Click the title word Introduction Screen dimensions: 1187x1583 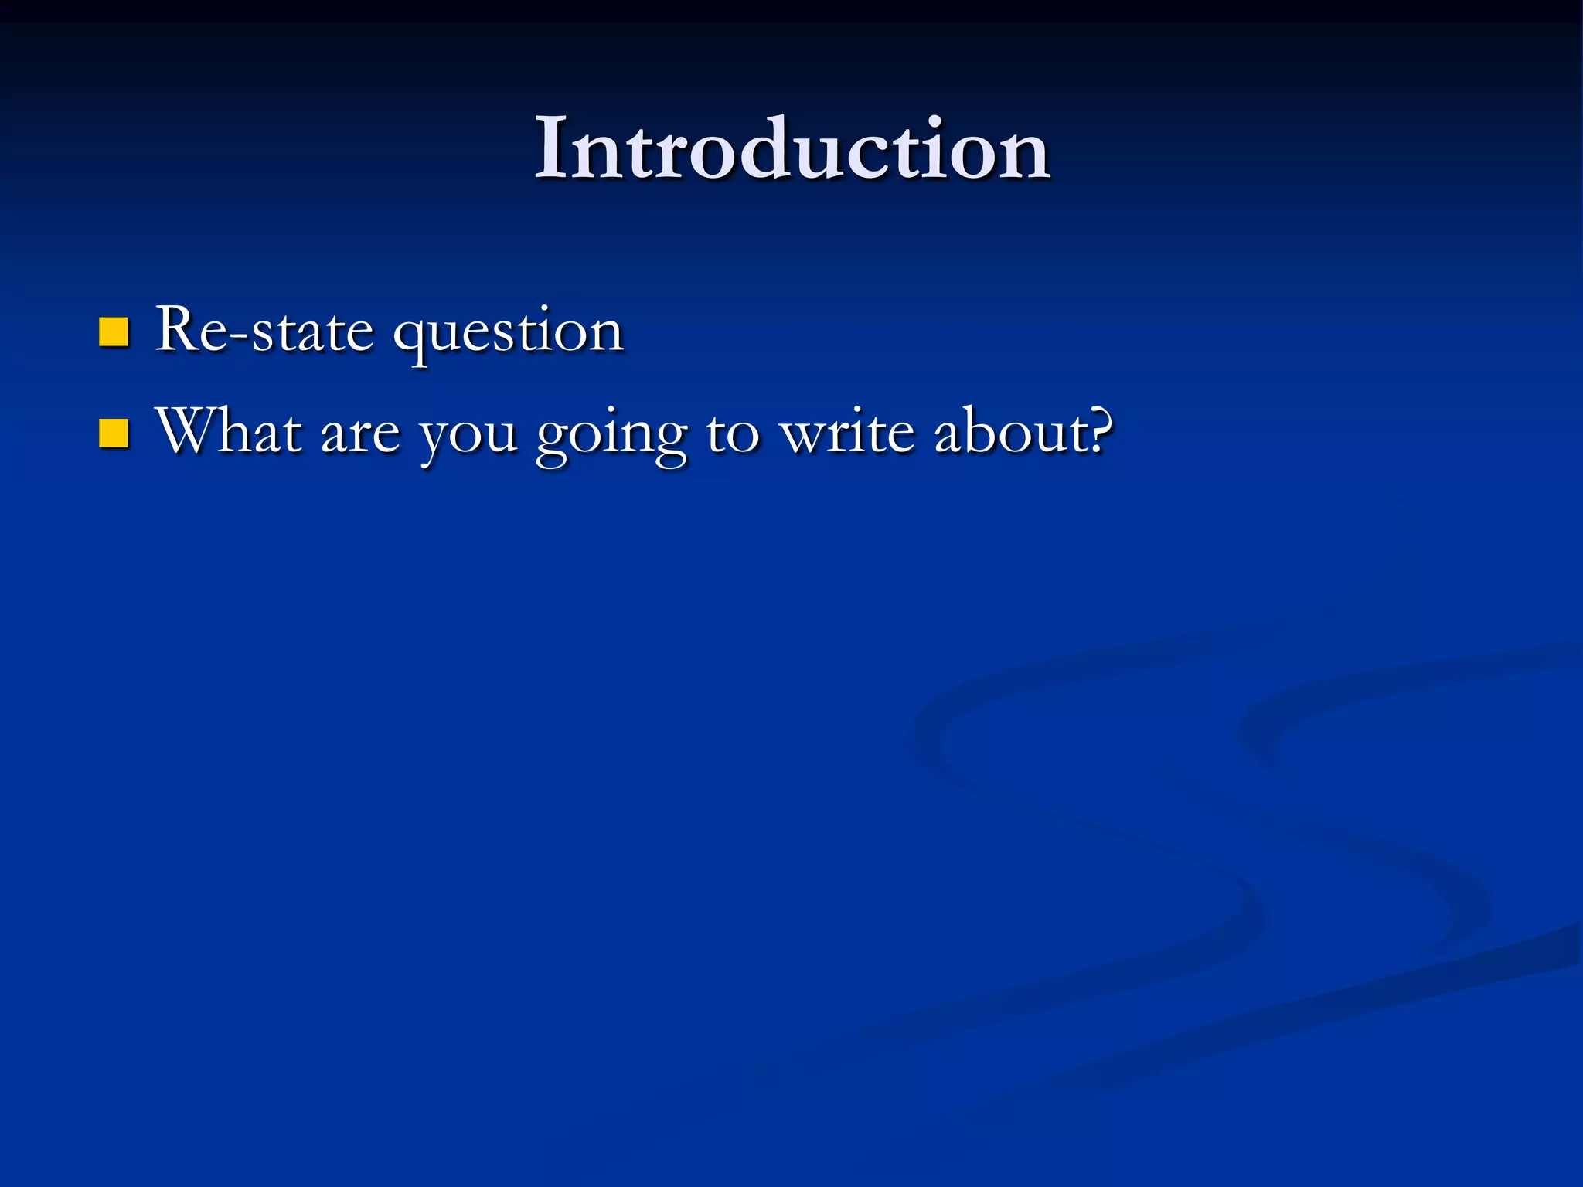click(x=791, y=148)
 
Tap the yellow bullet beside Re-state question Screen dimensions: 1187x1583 click(x=114, y=332)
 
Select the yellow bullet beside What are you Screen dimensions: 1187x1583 click(x=114, y=434)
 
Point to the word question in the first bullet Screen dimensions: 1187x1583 click(x=508, y=334)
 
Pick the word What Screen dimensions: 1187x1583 click(x=229, y=431)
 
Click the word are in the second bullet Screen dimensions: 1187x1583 click(x=360, y=435)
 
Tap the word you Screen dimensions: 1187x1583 click(x=468, y=437)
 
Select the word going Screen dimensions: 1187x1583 click(x=611, y=437)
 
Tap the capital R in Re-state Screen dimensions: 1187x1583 click(x=181, y=330)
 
